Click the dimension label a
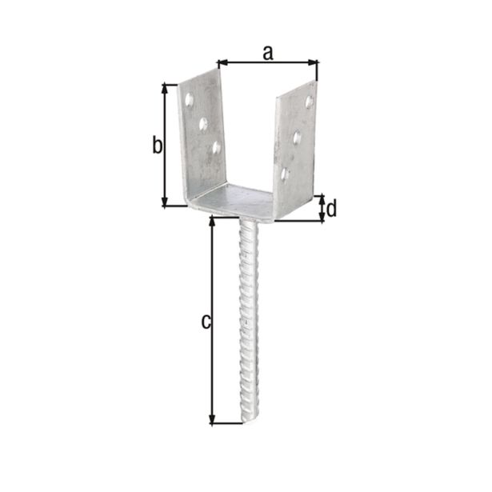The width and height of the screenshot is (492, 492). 268,52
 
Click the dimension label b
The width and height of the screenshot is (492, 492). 158,146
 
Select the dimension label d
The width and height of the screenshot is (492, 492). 331,209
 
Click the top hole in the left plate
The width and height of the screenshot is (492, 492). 190,100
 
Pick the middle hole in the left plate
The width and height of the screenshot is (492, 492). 203,124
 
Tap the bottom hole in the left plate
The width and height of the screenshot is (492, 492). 216,147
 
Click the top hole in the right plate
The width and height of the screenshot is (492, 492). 310,102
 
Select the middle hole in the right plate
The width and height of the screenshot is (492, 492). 297,138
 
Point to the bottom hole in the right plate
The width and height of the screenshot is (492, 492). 284,172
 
